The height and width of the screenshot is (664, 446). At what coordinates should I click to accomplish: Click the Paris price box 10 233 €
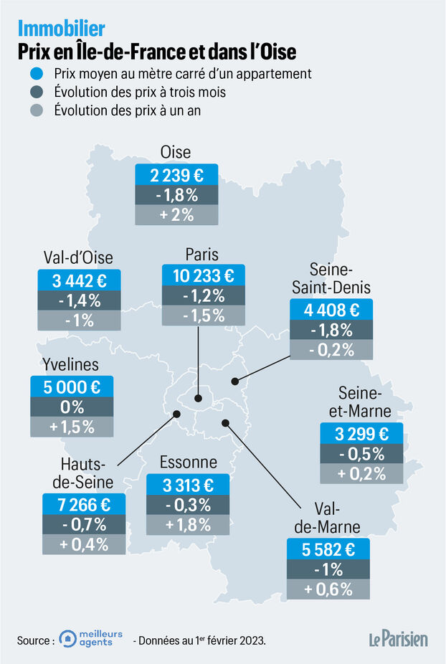click(204, 275)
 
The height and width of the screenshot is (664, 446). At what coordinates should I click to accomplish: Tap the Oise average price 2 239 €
click(176, 175)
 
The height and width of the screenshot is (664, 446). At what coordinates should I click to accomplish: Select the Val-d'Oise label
click(78, 258)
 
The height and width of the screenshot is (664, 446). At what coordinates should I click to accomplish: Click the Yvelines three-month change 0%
click(72, 407)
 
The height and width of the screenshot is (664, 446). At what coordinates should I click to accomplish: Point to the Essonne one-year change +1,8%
click(188, 524)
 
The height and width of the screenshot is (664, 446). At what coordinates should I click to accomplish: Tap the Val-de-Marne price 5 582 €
click(329, 551)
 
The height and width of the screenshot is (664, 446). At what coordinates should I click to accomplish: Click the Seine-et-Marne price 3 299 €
click(361, 433)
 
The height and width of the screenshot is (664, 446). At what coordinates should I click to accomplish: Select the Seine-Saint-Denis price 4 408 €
click(331, 310)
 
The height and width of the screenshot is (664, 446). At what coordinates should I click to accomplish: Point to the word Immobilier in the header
click(61, 29)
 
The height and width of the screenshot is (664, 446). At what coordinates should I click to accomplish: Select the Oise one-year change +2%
click(176, 214)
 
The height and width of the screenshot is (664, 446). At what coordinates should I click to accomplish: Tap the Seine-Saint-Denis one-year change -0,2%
click(331, 350)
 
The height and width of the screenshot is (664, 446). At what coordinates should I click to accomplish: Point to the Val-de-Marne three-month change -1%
click(329, 570)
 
